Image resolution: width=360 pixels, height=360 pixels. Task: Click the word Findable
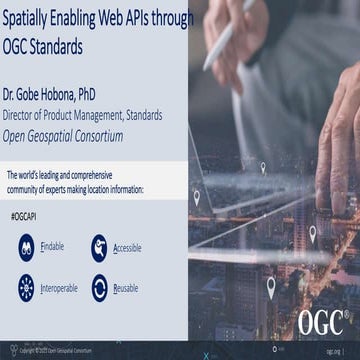pyautogui.click(x=53, y=243)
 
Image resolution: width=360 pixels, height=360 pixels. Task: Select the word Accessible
pyautogui.click(x=128, y=246)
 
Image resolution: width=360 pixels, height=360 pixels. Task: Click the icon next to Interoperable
pyautogui.click(x=27, y=288)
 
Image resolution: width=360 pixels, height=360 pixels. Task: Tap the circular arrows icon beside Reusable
pyautogui.click(x=99, y=289)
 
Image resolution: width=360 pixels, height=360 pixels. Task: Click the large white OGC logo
pyautogui.click(x=321, y=322)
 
